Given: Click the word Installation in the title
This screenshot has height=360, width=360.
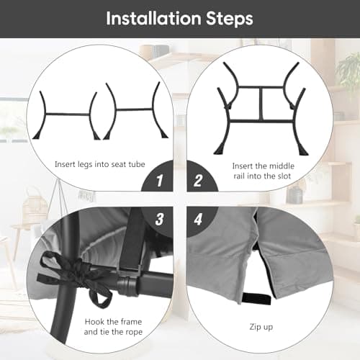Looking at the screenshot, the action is pos(153,19).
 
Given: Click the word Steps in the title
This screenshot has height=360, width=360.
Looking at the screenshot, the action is pos(230,19).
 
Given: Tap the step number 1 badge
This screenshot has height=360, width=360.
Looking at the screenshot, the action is pos(160,181).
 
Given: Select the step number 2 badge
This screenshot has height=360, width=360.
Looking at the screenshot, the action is pos(198,181).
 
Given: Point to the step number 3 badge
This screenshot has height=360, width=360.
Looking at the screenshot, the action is pos(159,219).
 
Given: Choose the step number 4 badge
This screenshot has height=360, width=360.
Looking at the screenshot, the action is pos(198,219).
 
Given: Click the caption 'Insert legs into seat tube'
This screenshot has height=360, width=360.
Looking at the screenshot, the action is pos(100,165).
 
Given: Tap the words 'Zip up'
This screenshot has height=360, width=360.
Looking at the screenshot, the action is pos(261,327).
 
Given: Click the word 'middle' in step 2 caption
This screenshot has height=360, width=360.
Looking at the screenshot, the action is pos(282,166).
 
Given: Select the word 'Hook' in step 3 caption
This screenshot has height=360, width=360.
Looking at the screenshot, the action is pos(94,322).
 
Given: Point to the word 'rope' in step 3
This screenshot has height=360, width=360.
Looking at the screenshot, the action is pos(133,333).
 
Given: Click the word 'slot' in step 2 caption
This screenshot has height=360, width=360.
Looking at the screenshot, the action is pos(284,176).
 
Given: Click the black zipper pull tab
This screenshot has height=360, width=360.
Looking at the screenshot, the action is pos(256,298).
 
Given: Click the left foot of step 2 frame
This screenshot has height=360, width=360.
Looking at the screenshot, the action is pos(219,150).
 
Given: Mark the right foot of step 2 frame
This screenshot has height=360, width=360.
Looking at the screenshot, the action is pos(303,150).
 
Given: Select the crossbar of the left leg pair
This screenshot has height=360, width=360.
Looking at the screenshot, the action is pos(68,114).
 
